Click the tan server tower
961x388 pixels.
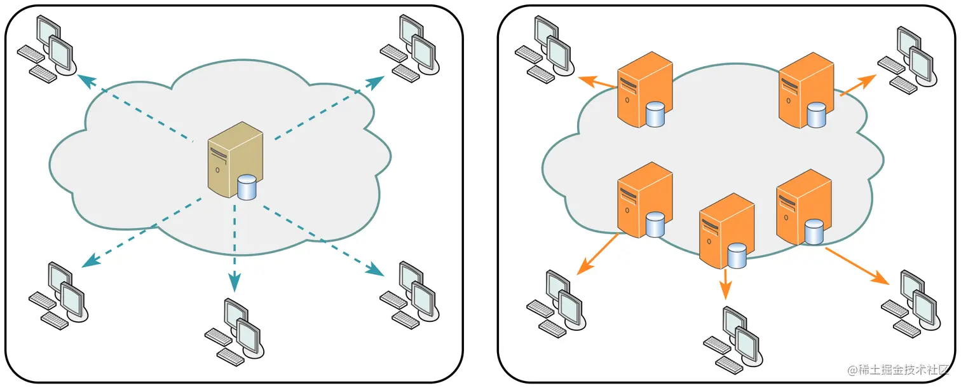pyautogui.click(x=235, y=160)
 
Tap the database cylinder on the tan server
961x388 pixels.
pyautogui.click(x=247, y=188)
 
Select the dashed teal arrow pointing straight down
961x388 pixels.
pyautogui.click(x=235, y=248)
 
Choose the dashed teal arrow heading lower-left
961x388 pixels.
pyautogui.click(x=142, y=232)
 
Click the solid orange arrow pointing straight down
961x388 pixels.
pyautogui.click(x=725, y=284)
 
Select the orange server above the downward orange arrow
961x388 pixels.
pyautogui.click(x=726, y=231)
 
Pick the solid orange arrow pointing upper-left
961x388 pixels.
pyautogui.click(x=597, y=81)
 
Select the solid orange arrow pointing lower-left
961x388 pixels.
pyautogui.click(x=597, y=254)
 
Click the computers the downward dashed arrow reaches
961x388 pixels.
pyautogui.click(x=235, y=332)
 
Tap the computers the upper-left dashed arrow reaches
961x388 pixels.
pyautogui.click(x=47, y=49)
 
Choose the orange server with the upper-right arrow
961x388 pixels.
pyautogui.click(x=806, y=90)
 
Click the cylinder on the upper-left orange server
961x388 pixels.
pyautogui.click(x=655, y=114)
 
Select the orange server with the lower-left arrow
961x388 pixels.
pyautogui.click(x=645, y=200)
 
